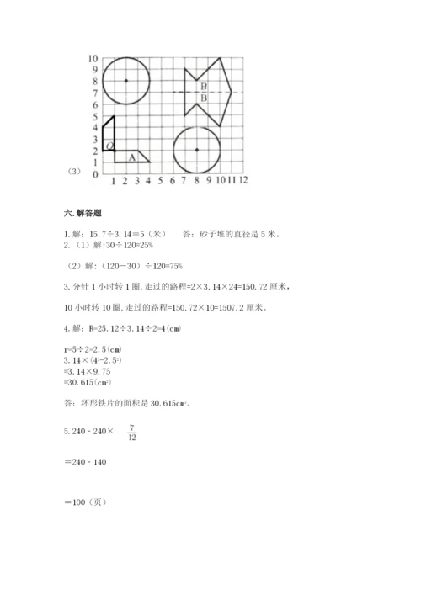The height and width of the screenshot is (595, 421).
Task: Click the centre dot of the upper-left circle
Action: (125, 81)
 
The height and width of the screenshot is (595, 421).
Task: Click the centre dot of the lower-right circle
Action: (196, 150)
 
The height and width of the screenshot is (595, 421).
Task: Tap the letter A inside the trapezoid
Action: (131, 156)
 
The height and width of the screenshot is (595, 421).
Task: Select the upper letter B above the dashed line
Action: (204, 87)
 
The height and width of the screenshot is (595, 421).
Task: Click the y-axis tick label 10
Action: (93, 58)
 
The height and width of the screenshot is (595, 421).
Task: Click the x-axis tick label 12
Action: (242, 180)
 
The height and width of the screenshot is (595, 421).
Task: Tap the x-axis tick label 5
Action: (160, 180)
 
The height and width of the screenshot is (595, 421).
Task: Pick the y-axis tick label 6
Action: (95, 104)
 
